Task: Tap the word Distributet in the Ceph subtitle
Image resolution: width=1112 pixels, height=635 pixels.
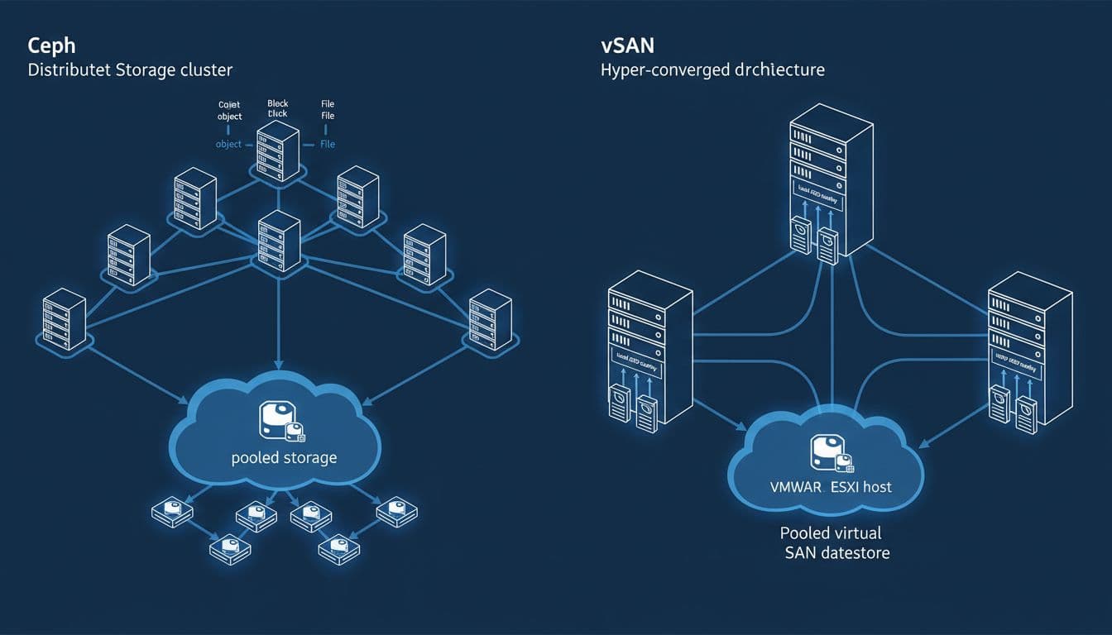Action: pyautogui.click(x=64, y=69)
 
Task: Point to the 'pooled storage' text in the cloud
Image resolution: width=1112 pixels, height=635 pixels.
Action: pyautogui.click(x=284, y=457)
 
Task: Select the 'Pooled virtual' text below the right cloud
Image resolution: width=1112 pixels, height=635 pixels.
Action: pyautogui.click(x=831, y=532)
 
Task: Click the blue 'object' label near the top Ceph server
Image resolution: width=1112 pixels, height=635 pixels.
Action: pyautogui.click(x=228, y=144)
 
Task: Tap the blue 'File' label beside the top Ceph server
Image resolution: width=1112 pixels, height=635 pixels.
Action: pyautogui.click(x=328, y=144)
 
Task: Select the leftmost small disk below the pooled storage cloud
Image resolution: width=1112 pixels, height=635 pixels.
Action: pyautogui.click(x=172, y=513)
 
